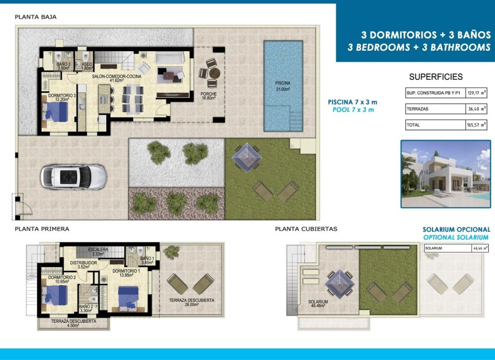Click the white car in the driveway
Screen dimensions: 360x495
coord(73,176)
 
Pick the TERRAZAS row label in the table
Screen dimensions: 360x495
coord(417,109)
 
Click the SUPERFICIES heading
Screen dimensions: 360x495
coord(436,76)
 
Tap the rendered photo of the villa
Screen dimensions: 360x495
coord(445,174)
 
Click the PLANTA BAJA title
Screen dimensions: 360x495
coord(35,17)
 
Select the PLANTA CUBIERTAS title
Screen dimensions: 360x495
coord(306,229)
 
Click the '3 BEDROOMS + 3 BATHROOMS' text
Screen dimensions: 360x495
coord(419,47)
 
